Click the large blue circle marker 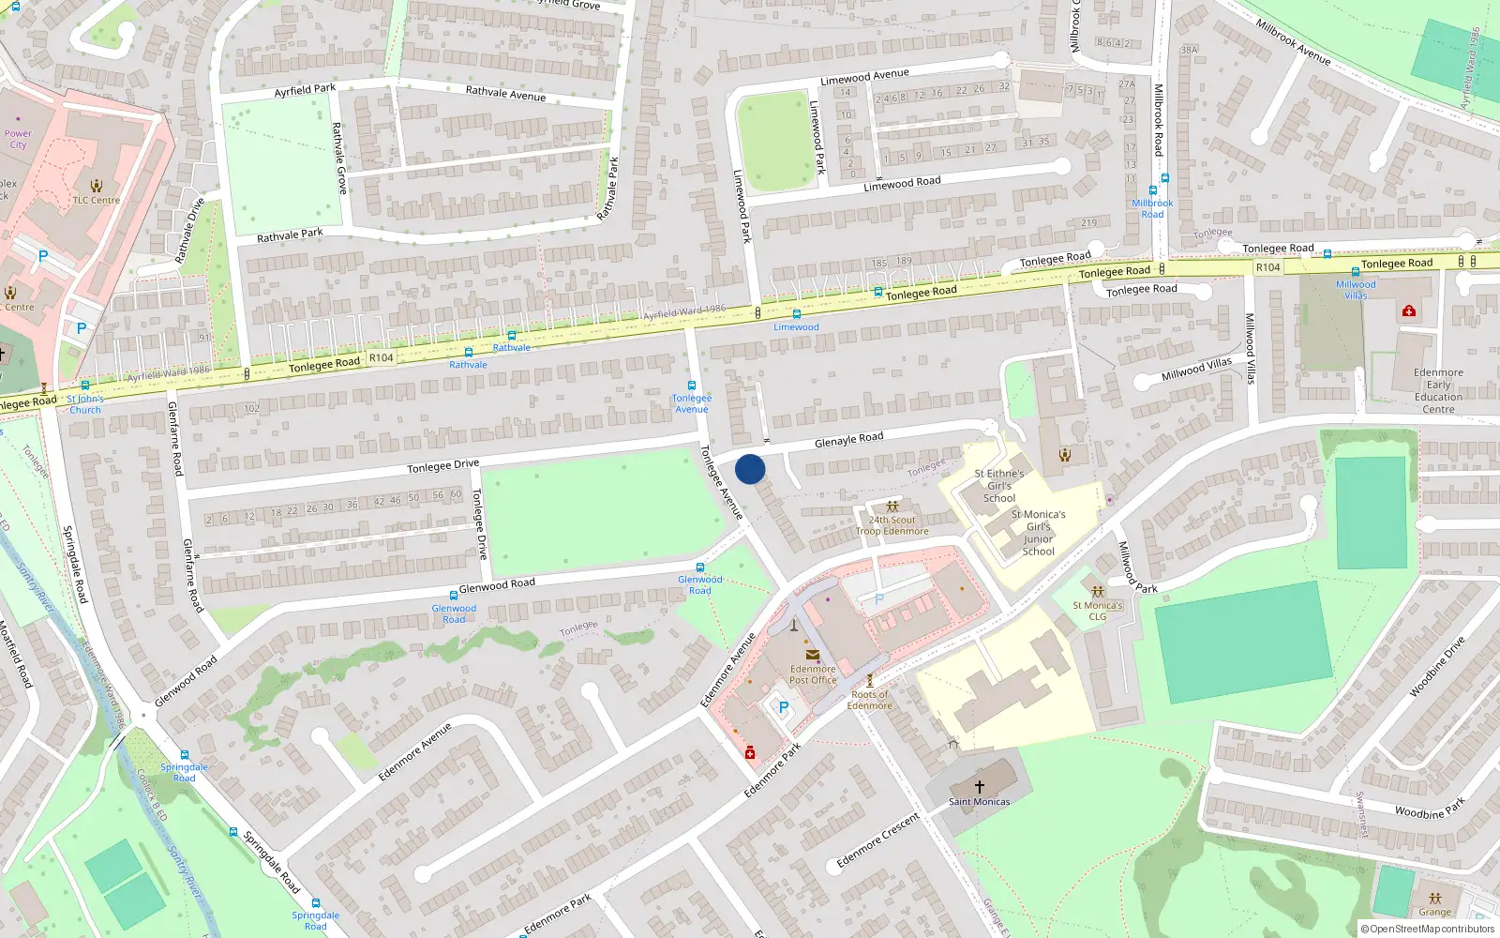750,469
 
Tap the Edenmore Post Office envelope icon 812,656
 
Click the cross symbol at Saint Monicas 980,787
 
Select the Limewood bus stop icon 796,314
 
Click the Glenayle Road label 848,439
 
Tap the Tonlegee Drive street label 442,466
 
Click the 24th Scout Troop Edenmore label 892,525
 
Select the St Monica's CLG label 1097,611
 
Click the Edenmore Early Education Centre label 1438,390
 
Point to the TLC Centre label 97,200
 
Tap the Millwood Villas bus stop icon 1355,272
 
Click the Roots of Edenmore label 869,700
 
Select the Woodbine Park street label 1429,809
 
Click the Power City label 18,139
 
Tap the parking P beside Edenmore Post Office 784,707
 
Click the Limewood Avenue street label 864,77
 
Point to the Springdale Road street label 75,564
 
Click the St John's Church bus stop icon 85,386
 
